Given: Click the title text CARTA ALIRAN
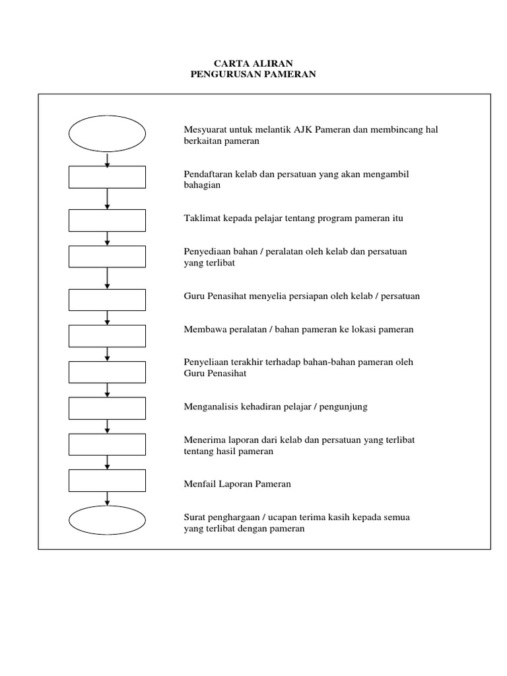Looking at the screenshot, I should pos(253,63).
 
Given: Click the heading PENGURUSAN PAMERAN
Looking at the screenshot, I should pos(253,75).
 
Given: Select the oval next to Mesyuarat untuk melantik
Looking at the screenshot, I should pos(107,134).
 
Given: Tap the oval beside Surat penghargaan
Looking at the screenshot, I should pos(107,522).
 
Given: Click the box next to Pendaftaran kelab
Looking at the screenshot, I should pos(107,177).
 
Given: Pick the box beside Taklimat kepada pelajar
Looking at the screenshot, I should pos(107,220).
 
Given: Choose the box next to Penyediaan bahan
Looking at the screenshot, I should pos(107,256).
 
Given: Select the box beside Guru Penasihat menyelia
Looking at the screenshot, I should pos(107,300).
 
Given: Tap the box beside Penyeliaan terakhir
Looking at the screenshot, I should pos(107,372).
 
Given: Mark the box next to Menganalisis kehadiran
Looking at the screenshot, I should pos(107,408).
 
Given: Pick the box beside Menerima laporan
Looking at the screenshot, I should pos(107,444).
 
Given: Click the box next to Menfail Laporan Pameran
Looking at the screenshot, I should pos(107,481).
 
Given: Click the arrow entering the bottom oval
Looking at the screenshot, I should pos(107,500).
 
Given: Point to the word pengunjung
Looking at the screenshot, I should pos(345,407).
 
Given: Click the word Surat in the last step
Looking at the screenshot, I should pos(195,517).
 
